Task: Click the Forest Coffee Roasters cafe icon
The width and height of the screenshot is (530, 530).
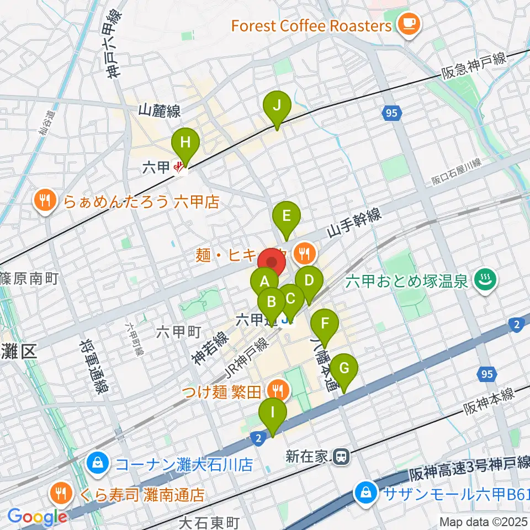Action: click(409, 24)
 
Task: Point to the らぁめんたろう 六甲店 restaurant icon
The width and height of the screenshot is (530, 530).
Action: click(46, 200)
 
